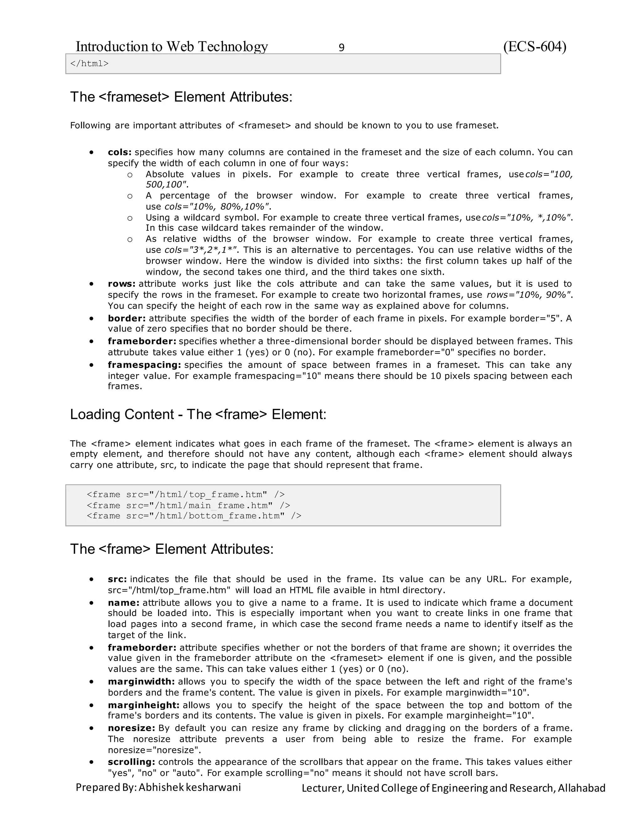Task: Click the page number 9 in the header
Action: click(341, 48)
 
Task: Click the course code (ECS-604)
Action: click(534, 46)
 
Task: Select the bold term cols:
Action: click(119, 152)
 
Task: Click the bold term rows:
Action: click(121, 284)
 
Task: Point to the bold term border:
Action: click(127, 319)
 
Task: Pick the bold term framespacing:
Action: click(144, 365)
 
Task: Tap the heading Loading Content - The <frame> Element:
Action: click(198, 414)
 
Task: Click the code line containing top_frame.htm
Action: click(185, 495)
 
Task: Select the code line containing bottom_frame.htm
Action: click(194, 516)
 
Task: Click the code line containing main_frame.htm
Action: click(188, 505)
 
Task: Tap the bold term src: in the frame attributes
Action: click(117, 579)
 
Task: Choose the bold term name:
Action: click(124, 603)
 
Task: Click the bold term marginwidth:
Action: click(141, 681)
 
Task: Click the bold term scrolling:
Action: click(131, 762)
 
